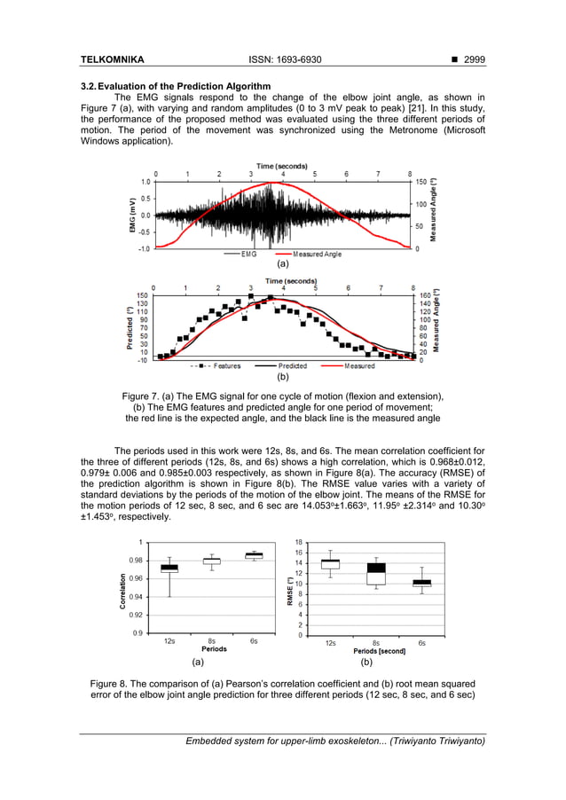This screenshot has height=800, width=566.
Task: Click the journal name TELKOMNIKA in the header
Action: [112, 59]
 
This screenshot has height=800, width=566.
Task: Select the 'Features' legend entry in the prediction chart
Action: [221, 365]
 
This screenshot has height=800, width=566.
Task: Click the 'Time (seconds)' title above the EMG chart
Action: [282, 166]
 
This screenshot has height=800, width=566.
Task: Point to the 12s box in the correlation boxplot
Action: [169, 569]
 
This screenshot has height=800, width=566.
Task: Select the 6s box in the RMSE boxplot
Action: [421, 583]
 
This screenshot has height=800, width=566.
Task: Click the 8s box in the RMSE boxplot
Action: [375, 573]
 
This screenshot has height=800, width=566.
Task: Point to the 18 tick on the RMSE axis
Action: [298, 542]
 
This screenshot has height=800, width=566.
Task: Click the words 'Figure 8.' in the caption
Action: [114, 684]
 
